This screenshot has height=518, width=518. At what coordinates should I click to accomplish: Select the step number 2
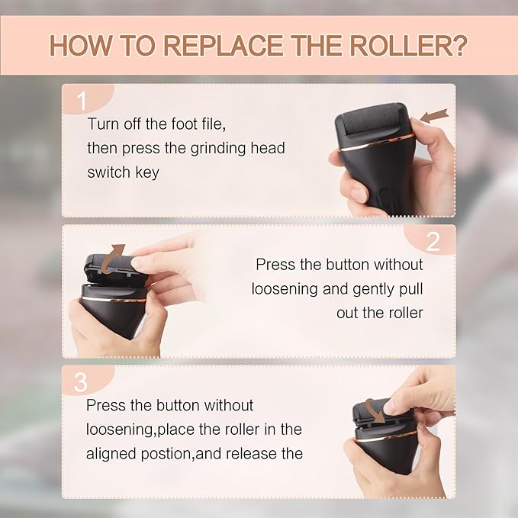coord(433,242)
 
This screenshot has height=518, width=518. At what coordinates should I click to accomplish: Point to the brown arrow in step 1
coord(434,117)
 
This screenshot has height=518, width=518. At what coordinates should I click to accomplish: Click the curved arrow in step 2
coord(116,253)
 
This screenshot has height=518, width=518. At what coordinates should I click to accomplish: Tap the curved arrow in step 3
coord(374,411)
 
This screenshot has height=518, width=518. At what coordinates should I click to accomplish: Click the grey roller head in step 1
coord(372,121)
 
